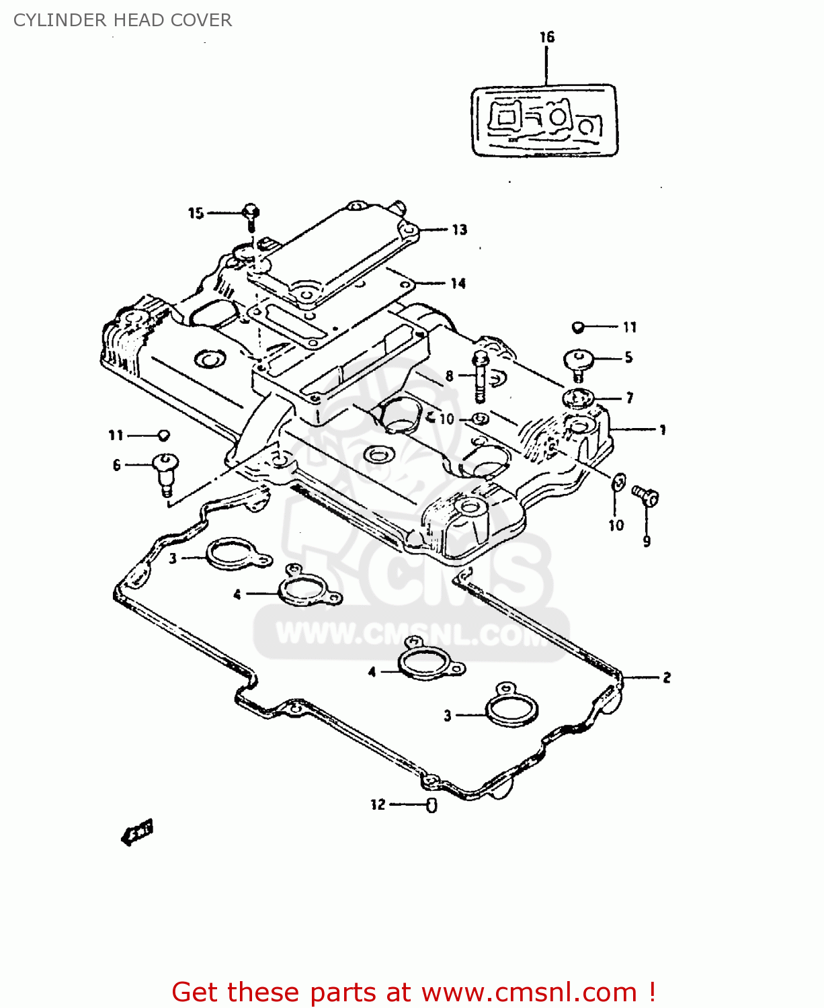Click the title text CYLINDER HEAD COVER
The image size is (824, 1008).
coord(122,20)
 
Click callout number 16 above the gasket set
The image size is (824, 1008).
coord(547,37)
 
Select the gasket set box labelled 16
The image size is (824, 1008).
coord(544,121)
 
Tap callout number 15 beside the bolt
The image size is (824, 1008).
coord(196,213)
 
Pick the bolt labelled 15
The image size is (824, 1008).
coord(251,214)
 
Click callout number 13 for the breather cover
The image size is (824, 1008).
coord(459,230)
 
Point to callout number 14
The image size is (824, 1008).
coord(458,284)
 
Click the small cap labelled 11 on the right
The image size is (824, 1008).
coord(577,327)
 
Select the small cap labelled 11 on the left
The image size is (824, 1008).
coord(163,435)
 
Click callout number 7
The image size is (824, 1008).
coord(630,398)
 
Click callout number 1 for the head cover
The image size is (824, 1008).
coord(663,430)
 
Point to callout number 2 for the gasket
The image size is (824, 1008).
coord(666,677)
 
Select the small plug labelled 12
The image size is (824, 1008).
coord(431,805)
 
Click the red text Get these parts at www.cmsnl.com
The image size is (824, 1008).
coord(413,992)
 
